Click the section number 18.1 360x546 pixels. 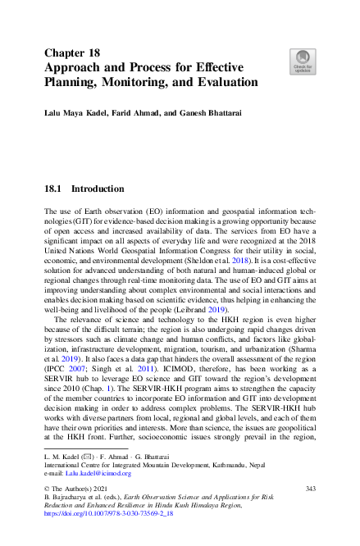click(x=53, y=189)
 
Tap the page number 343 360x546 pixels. click(x=310, y=489)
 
